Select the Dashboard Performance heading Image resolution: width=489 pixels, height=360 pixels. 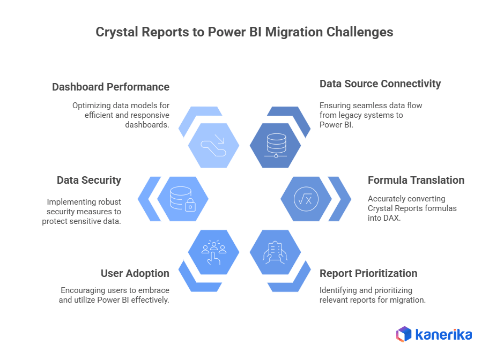[x=110, y=87]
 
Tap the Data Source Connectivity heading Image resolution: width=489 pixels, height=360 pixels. [x=380, y=84]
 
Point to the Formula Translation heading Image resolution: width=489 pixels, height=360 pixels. [x=416, y=180]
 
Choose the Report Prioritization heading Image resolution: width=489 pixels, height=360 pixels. [x=368, y=273]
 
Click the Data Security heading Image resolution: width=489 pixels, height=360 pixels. [x=89, y=181]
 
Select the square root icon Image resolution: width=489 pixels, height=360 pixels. [x=306, y=199]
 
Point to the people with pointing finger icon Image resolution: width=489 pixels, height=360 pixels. [x=214, y=252]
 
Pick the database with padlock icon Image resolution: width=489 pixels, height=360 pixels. [x=182, y=199]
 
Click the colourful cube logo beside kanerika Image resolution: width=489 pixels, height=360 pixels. [x=404, y=334]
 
